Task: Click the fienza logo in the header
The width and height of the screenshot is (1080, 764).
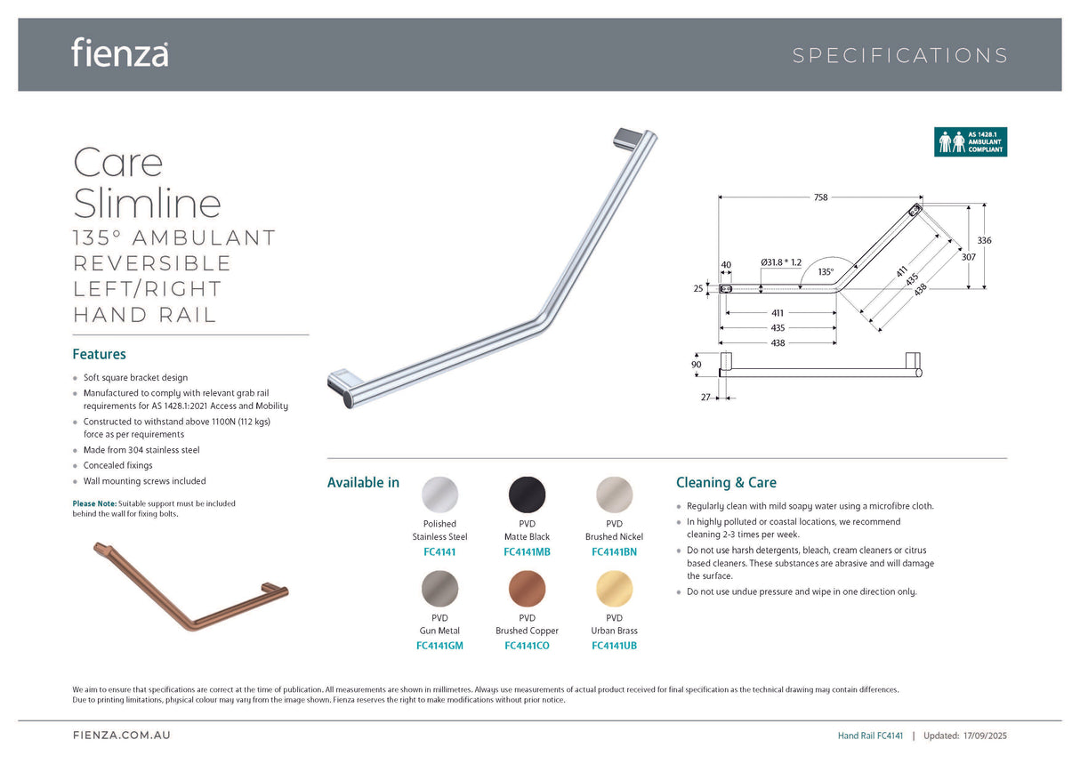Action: pyautogui.click(x=120, y=52)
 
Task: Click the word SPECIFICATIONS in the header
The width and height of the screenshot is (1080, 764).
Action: pyautogui.click(x=899, y=56)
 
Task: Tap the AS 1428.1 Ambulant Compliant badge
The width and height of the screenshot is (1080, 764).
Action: pyautogui.click(x=970, y=142)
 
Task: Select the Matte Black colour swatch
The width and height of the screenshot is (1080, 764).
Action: pyautogui.click(x=527, y=495)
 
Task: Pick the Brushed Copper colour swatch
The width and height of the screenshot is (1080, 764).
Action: pyautogui.click(x=527, y=589)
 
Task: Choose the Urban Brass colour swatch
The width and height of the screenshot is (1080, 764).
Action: pyautogui.click(x=614, y=589)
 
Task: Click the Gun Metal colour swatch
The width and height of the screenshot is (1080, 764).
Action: pyautogui.click(x=439, y=589)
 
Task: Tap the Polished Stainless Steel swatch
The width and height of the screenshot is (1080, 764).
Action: pyautogui.click(x=439, y=495)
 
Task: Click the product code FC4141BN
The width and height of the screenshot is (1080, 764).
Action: pyautogui.click(x=614, y=551)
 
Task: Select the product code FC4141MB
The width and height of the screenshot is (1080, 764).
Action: pyautogui.click(x=527, y=551)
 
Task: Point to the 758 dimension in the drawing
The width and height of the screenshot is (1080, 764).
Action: pyautogui.click(x=820, y=197)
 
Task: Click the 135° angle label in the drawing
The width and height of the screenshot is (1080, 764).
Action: pyautogui.click(x=826, y=272)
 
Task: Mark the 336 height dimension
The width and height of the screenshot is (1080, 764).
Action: pyautogui.click(x=984, y=241)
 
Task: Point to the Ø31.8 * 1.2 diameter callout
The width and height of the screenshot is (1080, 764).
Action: pyautogui.click(x=781, y=262)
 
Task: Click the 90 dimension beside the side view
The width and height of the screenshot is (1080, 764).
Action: pyautogui.click(x=696, y=365)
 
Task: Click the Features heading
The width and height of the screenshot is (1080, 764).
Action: pyautogui.click(x=99, y=354)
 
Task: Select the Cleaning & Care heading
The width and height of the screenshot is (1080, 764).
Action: pyautogui.click(x=726, y=483)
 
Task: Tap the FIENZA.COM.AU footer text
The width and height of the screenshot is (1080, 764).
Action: pyautogui.click(x=121, y=736)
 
